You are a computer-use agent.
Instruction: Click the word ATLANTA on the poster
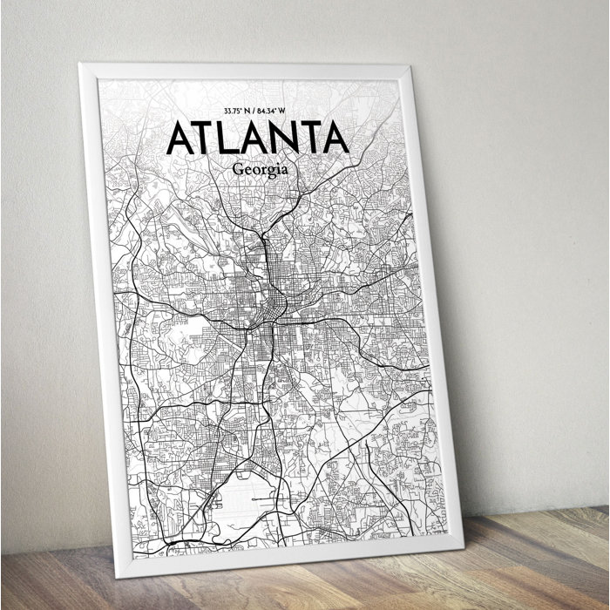click(x=256, y=138)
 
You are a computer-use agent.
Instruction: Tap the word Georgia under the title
click(x=261, y=169)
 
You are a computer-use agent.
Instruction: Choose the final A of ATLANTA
click(x=335, y=138)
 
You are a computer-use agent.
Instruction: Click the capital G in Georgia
click(x=239, y=169)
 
